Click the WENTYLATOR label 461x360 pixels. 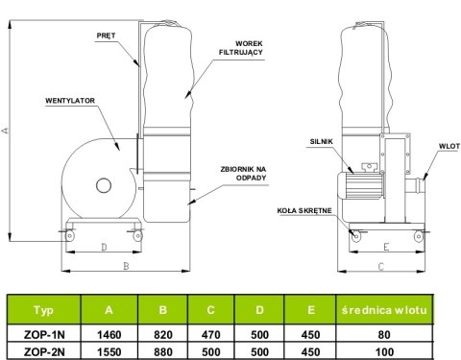tap(70, 101)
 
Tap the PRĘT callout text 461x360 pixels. tap(106, 36)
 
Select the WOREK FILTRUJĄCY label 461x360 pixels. tap(241, 48)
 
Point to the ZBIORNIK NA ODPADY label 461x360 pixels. tap(243, 174)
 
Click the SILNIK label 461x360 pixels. tap(322, 141)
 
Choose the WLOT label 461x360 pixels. tap(449, 146)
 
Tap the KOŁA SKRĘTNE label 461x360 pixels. tap(304, 210)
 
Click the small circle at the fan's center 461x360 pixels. tap(104, 185)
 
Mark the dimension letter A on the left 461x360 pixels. tap(5, 131)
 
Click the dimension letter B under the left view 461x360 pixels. tap(126, 266)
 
